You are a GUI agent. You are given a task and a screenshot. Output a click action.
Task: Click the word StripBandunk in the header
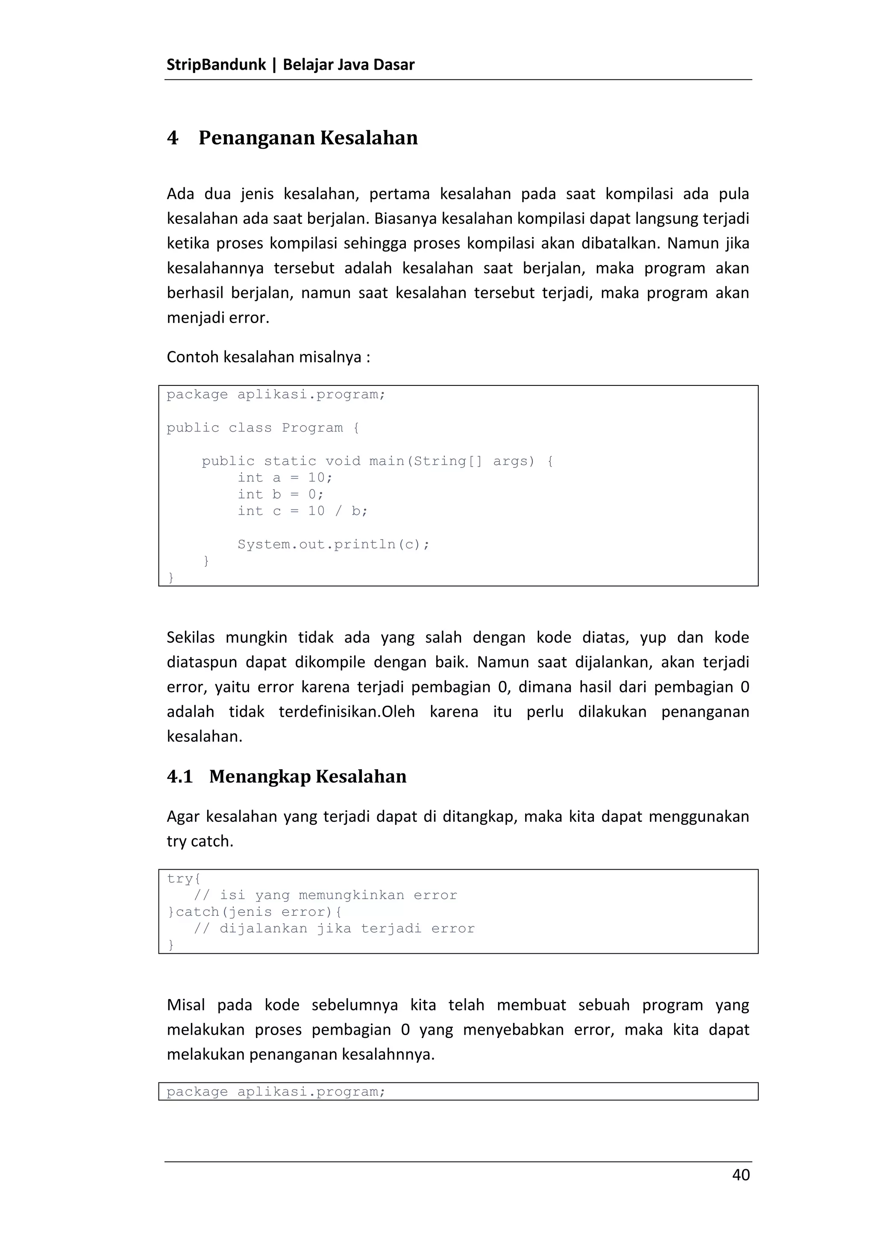point(216,65)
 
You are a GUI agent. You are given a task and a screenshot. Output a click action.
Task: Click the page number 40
point(741,1175)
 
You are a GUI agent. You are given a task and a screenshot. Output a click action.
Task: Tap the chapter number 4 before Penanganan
point(173,138)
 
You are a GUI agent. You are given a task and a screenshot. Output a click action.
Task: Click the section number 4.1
point(179,776)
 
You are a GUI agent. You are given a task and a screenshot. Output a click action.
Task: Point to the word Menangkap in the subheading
point(259,776)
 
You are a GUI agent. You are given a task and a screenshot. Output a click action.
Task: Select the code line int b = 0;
point(280,494)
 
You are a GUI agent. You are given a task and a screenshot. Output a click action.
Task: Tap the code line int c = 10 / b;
point(302,511)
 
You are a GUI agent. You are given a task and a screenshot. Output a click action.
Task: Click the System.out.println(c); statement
point(333,544)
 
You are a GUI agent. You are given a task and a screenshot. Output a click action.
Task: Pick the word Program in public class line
point(312,428)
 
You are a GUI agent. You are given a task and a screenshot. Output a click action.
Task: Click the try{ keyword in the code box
point(183,879)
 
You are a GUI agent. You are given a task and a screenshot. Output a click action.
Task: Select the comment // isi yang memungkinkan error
point(325,896)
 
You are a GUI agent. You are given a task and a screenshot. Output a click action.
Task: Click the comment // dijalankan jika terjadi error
point(334,929)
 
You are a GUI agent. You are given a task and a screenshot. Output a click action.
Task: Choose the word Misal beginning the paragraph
point(186,1005)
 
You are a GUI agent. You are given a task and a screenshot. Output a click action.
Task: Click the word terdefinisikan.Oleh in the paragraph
point(346,712)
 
